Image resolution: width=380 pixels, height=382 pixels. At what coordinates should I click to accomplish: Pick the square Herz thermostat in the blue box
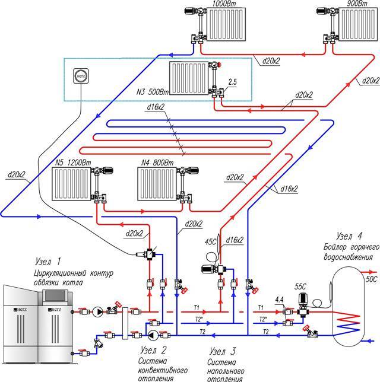[x=80, y=76]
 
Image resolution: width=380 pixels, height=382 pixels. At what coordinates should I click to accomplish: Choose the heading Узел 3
[x=224, y=349]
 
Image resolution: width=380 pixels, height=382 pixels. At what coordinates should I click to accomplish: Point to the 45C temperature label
[x=211, y=241]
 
